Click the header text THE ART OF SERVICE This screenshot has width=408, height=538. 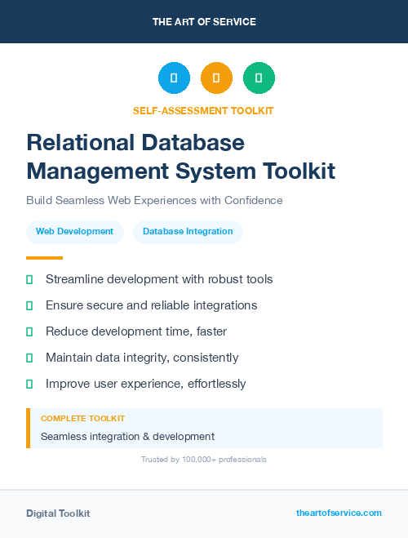(204, 22)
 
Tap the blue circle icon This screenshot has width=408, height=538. (174, 78)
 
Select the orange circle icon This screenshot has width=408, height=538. (216, 78)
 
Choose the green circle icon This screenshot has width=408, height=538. (259, 78)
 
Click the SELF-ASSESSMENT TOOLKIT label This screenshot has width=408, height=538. (203, 110)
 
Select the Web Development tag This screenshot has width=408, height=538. (74, 232)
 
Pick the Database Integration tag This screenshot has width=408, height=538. (188, 232)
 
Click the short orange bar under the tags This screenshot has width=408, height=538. (45, 258)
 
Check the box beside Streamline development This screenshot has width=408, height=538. (29, 279)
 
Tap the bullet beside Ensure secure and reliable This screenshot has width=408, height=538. (29, 305)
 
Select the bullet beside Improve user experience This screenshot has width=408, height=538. (29, 384)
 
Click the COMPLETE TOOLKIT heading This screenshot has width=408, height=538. (82, 418)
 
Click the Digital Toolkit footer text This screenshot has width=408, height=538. (58, 514)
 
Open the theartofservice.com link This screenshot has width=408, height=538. (339, 513)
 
